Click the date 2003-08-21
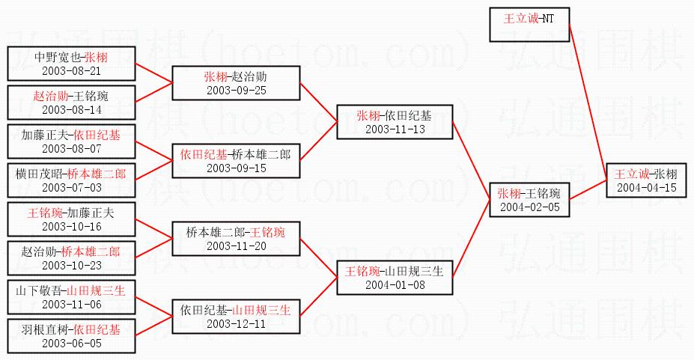point(71,71)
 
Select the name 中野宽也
point(58,57)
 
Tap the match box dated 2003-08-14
point(71,103)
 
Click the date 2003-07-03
point(71,188)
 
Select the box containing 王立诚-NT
point(530,25)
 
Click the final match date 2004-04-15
point(646,187)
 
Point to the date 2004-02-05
point(529,207)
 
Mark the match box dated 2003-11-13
point(395,122)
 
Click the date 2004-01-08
point(395,285)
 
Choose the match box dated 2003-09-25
point(236,83)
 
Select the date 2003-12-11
point(236,324)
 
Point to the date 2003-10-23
point(71,266)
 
